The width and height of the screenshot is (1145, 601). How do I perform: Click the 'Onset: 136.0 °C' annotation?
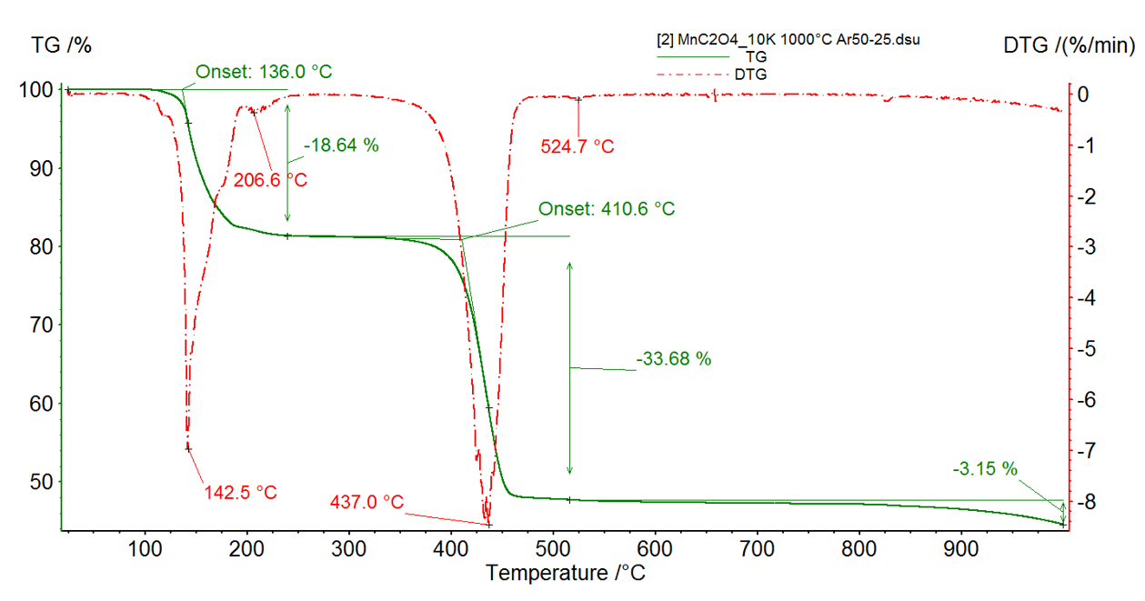[257, 73]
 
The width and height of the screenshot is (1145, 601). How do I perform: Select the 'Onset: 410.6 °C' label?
[607, 209]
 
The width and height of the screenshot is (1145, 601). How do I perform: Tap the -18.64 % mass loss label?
[341, 145]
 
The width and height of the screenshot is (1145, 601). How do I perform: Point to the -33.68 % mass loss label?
[673, 359]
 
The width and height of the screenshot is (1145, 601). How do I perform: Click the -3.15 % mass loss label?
[985, 469]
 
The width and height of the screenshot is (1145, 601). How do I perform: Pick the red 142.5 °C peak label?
[241, 493]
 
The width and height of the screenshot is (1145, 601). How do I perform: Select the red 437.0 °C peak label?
[367, 502]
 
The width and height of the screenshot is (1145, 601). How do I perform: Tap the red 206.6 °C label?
[270, 180]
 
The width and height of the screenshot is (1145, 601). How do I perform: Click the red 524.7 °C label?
[578, 146]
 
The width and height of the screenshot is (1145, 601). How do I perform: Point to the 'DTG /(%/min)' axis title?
[1069, 45]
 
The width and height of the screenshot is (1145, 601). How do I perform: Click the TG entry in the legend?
[756, 56]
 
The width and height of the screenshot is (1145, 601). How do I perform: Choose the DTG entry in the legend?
[751, 74]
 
